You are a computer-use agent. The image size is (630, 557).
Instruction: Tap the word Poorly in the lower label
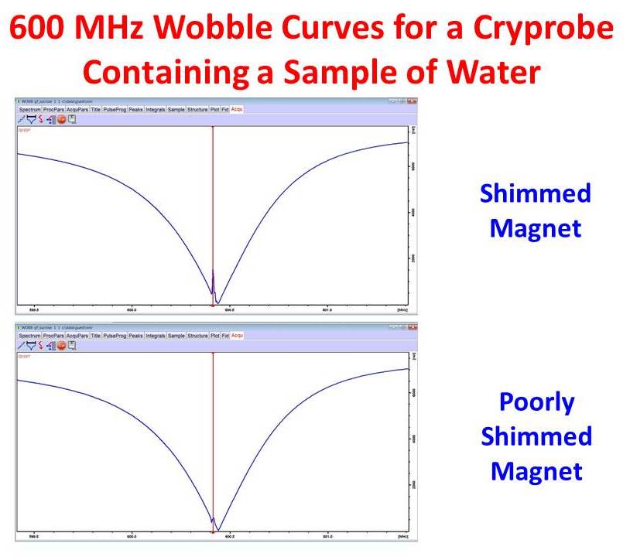[536, 402]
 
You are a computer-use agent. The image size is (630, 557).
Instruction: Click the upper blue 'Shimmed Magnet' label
[535, 210]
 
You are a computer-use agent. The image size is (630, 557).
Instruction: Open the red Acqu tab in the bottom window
[237, 335]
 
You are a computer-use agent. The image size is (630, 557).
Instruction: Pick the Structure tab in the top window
[197, 110]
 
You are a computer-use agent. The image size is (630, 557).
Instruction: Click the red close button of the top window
[413, 101]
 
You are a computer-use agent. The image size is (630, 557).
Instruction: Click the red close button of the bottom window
[413, 327]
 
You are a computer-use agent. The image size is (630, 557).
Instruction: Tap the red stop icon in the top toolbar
[61, 120]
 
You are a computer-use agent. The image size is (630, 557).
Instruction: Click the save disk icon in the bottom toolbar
[72, 346]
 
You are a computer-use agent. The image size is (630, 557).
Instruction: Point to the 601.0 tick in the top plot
[327, 310]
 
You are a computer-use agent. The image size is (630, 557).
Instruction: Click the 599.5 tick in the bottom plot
[34, 536]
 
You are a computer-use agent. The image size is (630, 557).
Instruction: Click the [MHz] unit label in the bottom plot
[402, 536]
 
